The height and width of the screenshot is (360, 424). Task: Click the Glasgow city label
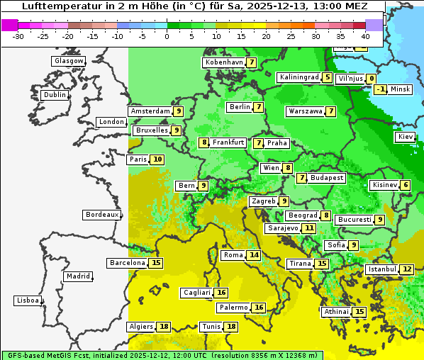click(x=68, y=61)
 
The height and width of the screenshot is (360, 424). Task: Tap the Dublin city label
click(x=55, y=95)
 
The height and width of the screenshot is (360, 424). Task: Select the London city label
click(x=111, y=122)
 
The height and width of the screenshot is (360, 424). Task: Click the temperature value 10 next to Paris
click(x=157, y=159)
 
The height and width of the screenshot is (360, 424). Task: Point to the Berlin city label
click(x=240, y=107)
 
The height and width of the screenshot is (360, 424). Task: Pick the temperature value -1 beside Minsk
click(x=381, y=89)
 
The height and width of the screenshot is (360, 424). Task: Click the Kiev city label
click(x=406, y=136)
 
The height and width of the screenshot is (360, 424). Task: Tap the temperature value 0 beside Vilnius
click(x=372, y=79)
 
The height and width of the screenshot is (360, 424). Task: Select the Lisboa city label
click(x=27, y=300)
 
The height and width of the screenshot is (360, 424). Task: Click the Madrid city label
click(x=77, y=276)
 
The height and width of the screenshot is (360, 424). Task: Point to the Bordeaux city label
click(x=101, y=214)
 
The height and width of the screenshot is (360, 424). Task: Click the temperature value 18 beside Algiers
click(x=164, y=327)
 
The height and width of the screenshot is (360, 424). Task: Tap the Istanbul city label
click(x=381, y=269)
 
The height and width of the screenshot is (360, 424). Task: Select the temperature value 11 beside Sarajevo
click(x=309, y=228)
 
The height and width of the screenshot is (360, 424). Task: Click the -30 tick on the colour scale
click(x=18, y=36)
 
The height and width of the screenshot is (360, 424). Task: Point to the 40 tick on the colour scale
click(x=365, y=36)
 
